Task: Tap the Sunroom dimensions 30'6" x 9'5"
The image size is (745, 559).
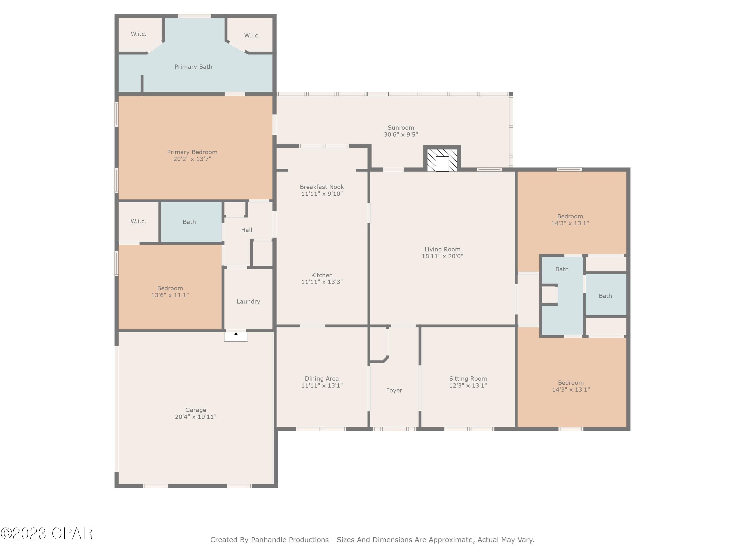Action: [401, 134]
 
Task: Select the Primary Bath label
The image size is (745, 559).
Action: [193, 67]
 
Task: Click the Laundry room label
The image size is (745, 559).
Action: [248, 302]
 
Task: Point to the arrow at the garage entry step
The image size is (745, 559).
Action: [236, 335]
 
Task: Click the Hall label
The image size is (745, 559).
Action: [247, 230]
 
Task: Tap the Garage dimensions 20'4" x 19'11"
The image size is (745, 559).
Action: [196, 417]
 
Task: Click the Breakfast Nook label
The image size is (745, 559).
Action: [322, 187]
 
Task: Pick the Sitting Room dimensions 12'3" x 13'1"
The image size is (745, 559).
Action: [468, 386]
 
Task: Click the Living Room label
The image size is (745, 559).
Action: [442, 249]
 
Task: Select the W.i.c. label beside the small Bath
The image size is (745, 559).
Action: [138, 221]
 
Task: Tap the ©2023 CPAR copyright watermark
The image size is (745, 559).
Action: [46, 533]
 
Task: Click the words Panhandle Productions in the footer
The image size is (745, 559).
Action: [290, 540]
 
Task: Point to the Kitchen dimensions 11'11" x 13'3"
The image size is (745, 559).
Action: [322, 282]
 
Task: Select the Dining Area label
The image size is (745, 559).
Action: [322, 379]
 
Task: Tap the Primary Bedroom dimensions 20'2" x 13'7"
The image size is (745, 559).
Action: [192, 159]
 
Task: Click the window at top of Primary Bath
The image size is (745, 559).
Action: [194, 16]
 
